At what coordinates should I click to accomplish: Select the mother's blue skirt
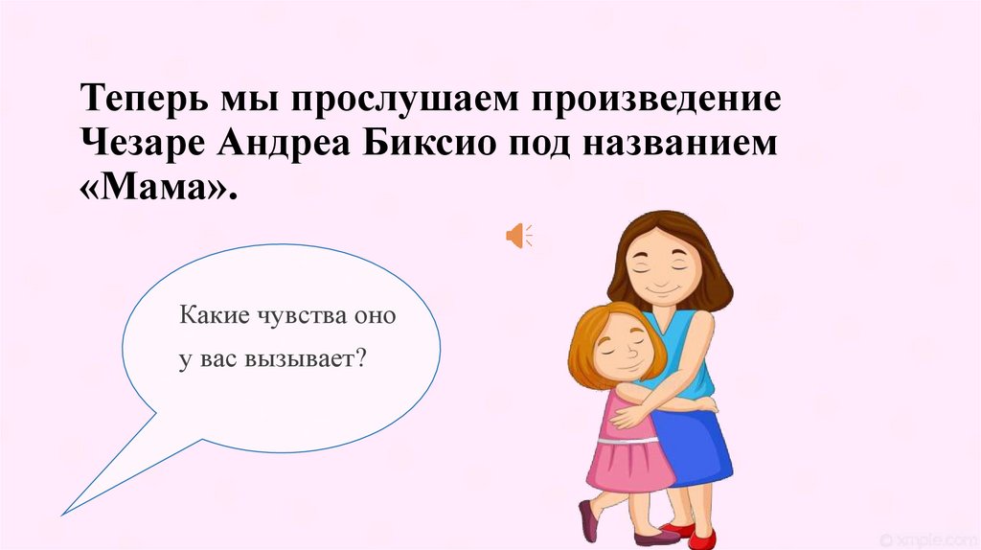point(699,446)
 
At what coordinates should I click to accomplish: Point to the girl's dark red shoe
point(587,520)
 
